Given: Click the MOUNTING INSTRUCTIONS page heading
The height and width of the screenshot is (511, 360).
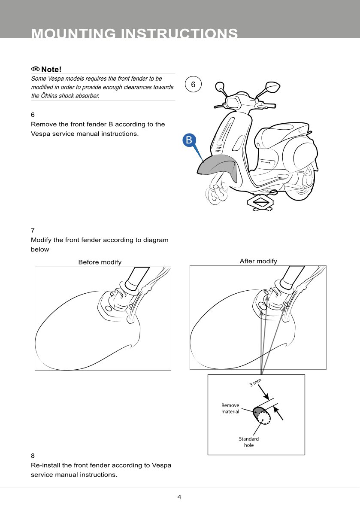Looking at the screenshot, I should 135,34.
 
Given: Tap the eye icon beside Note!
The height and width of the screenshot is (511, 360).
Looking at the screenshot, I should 35,70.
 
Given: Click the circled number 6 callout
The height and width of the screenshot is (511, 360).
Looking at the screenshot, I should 193,85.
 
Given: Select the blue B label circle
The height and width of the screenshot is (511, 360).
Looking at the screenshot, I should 189,140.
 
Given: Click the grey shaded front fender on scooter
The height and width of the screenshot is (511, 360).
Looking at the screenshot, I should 219,165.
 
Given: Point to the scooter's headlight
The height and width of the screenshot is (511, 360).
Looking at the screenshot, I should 232,103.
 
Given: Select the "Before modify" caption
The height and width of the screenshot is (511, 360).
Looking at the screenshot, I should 100,262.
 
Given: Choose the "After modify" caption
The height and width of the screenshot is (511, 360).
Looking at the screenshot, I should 258,261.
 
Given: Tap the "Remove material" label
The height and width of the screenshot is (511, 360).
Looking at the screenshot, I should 230,408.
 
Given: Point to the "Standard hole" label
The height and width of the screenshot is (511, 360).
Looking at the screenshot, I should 249,442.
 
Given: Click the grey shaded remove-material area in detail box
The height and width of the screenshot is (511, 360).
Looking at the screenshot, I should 257,410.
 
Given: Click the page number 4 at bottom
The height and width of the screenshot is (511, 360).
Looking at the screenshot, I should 179,497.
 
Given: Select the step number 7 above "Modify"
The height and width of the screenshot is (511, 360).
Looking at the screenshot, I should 33,230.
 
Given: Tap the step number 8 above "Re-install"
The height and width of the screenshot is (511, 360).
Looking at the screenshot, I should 33,455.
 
